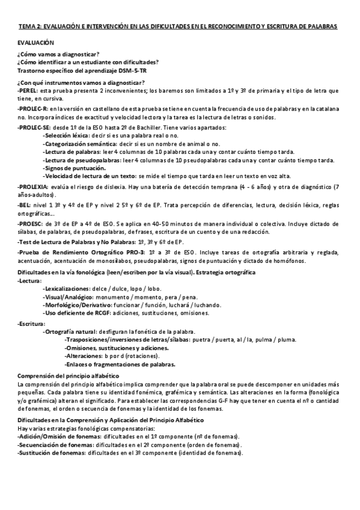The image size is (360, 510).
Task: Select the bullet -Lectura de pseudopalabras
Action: [x=81, y=161]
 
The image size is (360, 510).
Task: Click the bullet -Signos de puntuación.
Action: [x=71, y=169]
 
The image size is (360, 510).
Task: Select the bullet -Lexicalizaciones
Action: [x=66, y=289]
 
